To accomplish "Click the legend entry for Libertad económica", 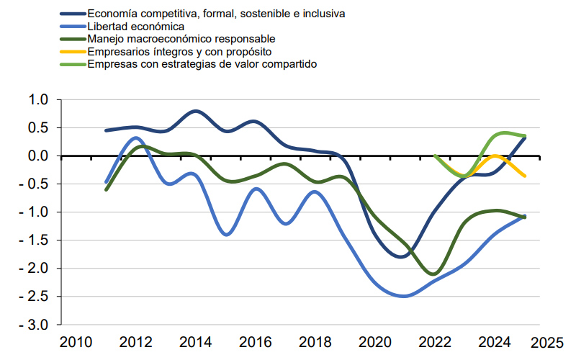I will coord(130,26).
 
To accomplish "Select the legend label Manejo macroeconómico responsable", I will coord(180,38).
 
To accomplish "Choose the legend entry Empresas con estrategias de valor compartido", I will coord(202,63).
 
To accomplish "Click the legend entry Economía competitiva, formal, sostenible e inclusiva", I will coord(215,13).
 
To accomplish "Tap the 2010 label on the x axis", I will coord(74,341).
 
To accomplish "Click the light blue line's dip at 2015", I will coord(227,235).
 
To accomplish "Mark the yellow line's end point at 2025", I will coord(525,176).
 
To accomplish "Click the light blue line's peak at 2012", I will coord(137,137).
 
